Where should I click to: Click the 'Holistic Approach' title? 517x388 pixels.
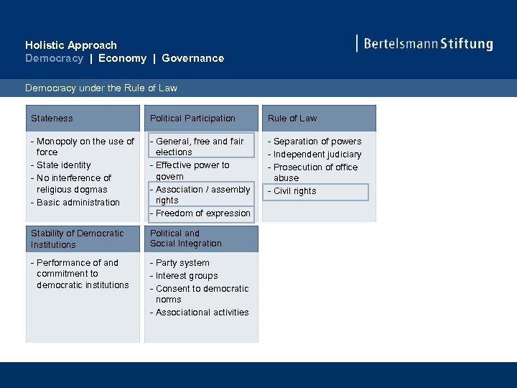[x=70, y=45]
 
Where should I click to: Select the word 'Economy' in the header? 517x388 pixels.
[x=122, y=58]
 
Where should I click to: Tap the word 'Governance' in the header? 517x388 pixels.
[x=192, y=58]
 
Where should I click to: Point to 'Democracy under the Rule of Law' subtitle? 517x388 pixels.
[x=101, y=88]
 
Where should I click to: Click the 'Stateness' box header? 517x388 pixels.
[x=52, y=119]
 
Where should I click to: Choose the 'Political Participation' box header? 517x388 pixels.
[x=192, y=119]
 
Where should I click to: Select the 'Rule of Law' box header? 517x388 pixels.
[x=292, y=119]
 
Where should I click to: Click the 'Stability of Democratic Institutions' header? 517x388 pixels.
[x=77, y=239]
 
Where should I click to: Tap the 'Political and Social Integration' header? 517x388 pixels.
[x=185, y=239]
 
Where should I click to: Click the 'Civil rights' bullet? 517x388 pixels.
[x=294, y=191]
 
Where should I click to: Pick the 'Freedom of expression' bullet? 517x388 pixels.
[x=202, y=213]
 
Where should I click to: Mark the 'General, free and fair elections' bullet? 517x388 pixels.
[x=200, y=147]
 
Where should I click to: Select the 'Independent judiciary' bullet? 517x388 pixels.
[x=317, y=154]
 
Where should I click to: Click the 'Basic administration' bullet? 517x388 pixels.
[x=78, y=203]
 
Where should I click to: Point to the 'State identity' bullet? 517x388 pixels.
[x=63, y=165]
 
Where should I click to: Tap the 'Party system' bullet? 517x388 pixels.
[x=182, y=263]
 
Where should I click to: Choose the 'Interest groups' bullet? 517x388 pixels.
[x=186, y=276]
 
